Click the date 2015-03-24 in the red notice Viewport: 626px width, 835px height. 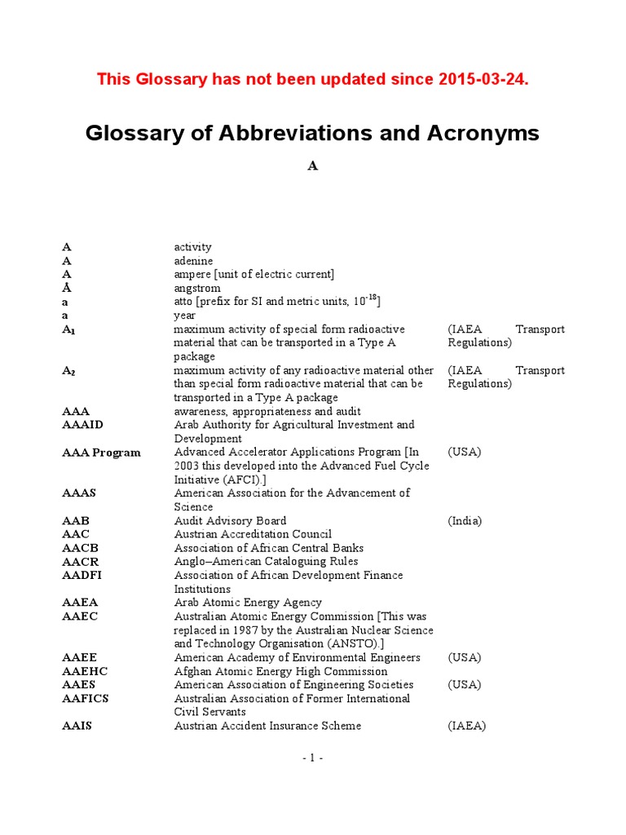point(483,79)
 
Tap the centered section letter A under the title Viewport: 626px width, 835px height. point(312,166)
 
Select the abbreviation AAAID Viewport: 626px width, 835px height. point(83,425)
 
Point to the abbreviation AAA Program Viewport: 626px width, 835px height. point(101,453)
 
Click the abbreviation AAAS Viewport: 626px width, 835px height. point(79,493)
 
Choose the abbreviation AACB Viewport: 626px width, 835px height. point(80,548)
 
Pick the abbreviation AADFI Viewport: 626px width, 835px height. point(82,576)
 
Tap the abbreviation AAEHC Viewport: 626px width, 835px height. point(85,672)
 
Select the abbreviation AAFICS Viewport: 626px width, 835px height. point(86,699)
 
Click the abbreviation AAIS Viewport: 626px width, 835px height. point(77,726)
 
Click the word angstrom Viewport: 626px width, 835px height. point(196,289)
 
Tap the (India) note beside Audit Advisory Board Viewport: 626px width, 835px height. point(465,521)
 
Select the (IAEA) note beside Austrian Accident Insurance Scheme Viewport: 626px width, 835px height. point(466,726)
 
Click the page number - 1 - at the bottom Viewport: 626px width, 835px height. point(312,758)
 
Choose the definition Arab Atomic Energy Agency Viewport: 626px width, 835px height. point(248,603)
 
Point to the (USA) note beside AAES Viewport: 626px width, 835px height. point(465,685)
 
